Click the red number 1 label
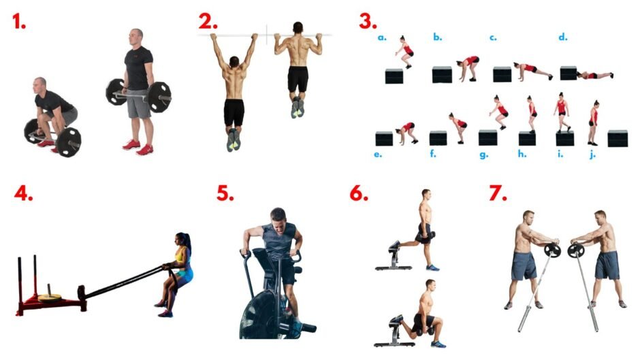click(19, 22)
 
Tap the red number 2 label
click(208, 22)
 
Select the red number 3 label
click(368, 22)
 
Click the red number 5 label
click(225, 193)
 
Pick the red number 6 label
click(359, 193)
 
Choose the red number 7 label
click(498, 193)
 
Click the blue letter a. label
click(382, 37)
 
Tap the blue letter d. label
click(563, 37)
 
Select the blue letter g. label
click(483, 155)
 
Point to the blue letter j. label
click(592, 154)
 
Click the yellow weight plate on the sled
click(50, 298)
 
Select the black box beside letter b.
click(442, 75)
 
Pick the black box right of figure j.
click(618, 138)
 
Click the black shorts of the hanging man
click(234, 112)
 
